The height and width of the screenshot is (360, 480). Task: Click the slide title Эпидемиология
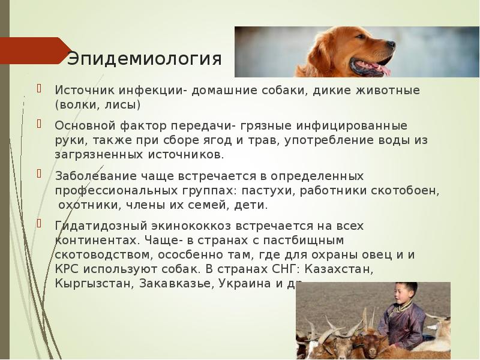pyautogui.click(x=144, y=59)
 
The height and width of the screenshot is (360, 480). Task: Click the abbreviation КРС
pyautogui.click(x=67, y=269)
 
